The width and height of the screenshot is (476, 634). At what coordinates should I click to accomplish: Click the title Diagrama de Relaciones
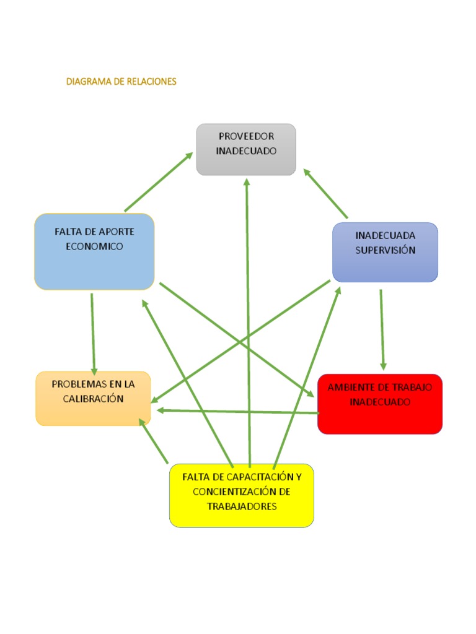point(121,81)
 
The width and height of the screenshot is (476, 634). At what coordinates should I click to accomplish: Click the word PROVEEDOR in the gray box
point(246,136)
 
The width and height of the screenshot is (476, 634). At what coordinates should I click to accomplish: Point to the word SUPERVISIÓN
point(386,250)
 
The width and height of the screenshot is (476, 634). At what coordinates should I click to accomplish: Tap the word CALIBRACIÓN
point(93,399)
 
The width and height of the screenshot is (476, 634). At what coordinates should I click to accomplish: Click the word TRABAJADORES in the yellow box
point(242,506)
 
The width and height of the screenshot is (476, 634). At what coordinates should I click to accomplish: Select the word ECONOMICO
point(94,246)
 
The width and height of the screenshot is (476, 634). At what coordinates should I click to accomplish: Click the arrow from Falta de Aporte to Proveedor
point(158,183)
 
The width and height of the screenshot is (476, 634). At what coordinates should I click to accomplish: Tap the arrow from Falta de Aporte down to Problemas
point(93,331)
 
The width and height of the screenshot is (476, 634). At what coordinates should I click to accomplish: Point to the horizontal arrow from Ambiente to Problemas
point(239,411)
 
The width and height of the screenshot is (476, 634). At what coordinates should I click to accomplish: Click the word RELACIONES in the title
point(152,81)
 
